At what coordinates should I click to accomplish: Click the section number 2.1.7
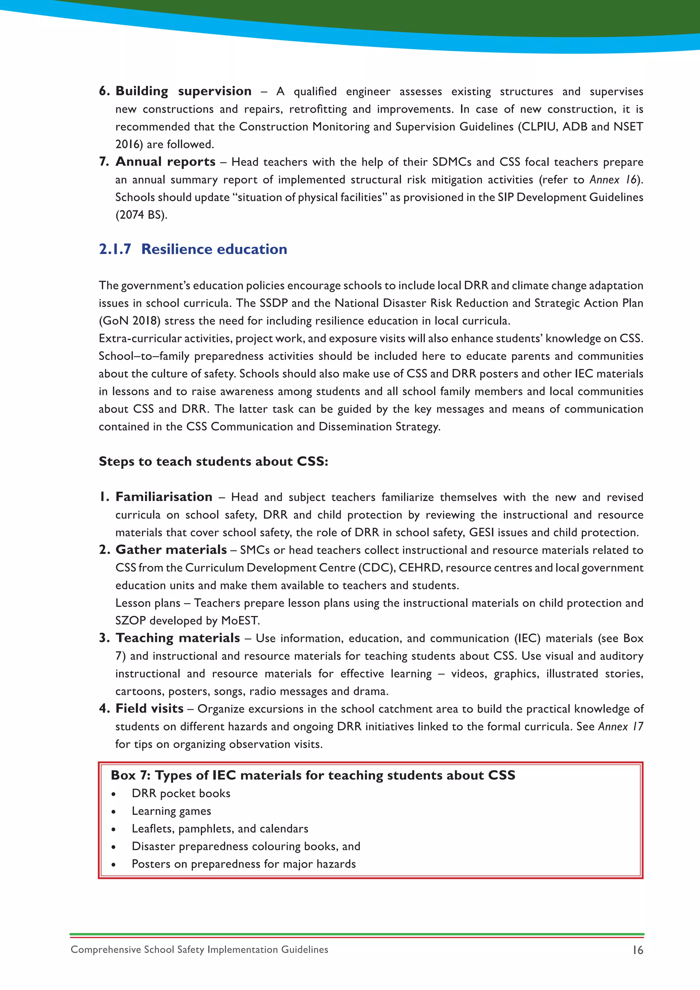[115, 249]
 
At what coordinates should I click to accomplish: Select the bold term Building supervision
[183, 91]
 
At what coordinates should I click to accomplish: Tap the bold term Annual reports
[165, 162]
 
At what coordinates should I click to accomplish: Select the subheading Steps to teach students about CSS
[213, 461]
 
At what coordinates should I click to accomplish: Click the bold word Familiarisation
[164, 497]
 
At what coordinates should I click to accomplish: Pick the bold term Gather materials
[171, 550]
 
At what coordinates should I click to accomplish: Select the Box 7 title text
[313, 775]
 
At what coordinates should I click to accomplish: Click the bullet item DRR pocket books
[181, 793]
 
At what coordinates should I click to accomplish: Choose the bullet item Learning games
[171, 811]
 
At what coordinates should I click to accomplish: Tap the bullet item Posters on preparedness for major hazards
[244, 864]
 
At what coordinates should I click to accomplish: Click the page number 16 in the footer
[637, 950]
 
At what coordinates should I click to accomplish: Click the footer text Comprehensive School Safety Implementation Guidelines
[199, 949]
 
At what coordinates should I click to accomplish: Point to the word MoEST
[240, 620]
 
